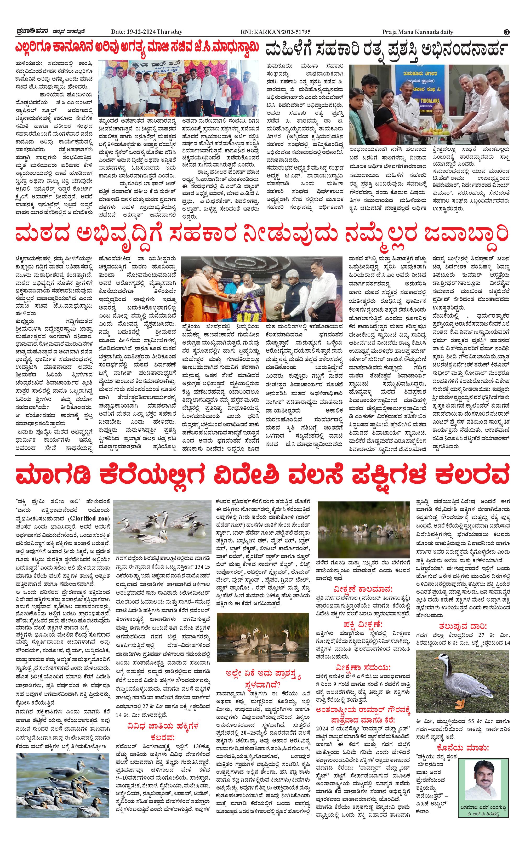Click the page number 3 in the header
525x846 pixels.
[x=507, y=32]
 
